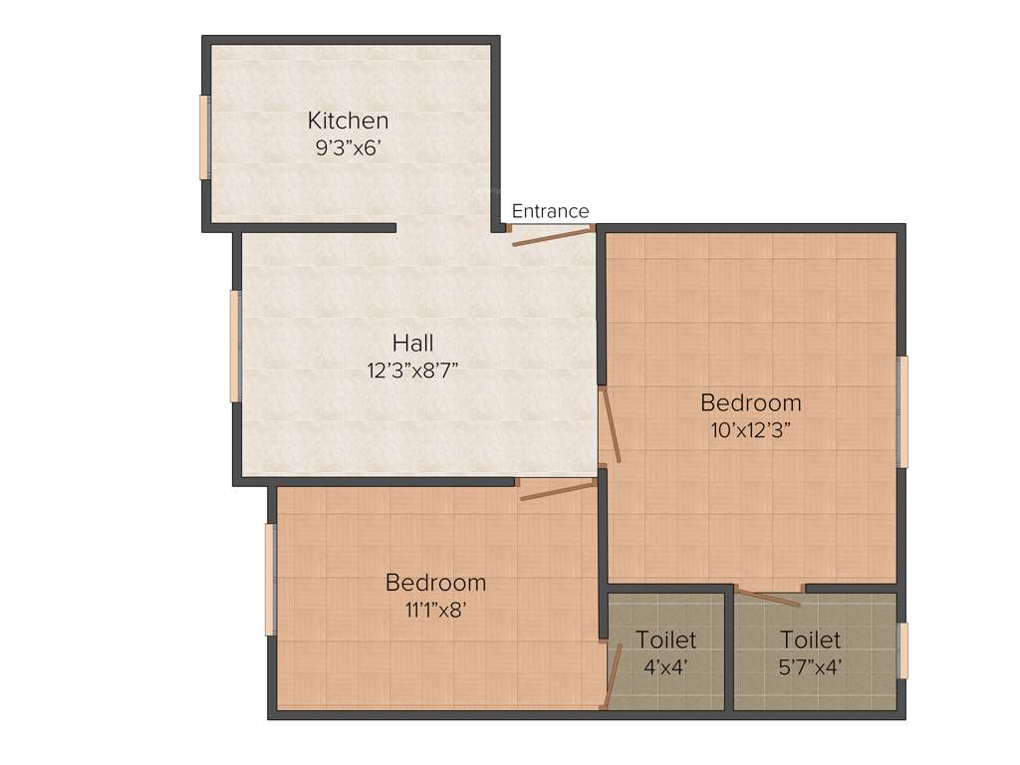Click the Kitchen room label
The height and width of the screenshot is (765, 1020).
click(348, 121)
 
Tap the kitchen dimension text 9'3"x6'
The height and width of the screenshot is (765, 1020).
click(348, 146)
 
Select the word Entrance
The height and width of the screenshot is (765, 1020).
click(550, 211)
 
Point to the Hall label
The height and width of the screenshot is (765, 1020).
click(412, 344)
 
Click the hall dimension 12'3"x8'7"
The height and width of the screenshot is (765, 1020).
click(412, 370)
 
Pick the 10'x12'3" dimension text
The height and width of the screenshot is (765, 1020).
click(750, 429)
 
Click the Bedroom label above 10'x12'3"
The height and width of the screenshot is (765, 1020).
click(750, 403)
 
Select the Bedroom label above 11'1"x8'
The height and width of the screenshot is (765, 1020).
click(435, 583)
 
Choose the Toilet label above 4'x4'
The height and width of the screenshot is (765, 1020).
click(666, 639)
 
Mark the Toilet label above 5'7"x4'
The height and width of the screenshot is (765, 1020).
click(810, 639)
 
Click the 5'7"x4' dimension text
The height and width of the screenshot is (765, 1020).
click(810, 666)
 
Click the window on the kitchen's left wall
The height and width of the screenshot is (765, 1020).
click(204, 137)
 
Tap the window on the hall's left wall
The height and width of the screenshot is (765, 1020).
click(235, 346)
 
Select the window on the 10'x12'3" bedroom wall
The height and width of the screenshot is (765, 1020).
click(903, 411)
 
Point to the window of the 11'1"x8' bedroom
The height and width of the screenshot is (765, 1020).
click(269, 580)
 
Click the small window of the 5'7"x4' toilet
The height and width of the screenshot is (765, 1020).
click(903, 650)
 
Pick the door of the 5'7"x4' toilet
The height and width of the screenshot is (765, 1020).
click(769, 598)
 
